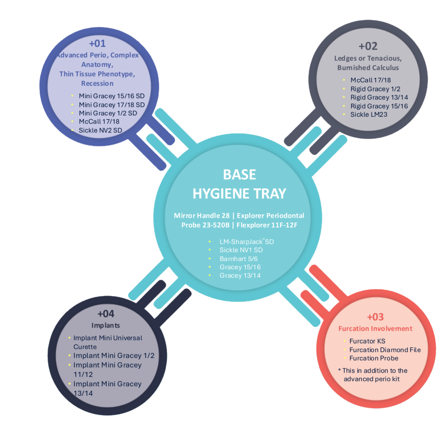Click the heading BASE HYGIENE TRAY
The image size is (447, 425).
click(x=239, y=184)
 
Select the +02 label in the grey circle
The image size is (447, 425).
click(x=368, y=46)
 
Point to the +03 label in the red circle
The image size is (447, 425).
click(x=375, y=317)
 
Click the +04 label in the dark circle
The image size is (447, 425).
click(x=106, y=314)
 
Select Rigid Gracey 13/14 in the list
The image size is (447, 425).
click(x=379, y=97)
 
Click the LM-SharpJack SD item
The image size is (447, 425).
click(x=247, y=241)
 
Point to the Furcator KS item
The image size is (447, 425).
click(x=367, y=341)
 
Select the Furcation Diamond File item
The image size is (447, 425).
click(x=385, y=349)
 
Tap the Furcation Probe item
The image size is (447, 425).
click(x=374, y=358)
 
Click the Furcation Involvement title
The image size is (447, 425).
click(x=375, y=328)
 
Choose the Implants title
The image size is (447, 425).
click(x=106, y=325)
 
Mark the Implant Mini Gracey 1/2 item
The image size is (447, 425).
click(x=113, y=356)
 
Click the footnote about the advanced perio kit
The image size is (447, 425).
click(x=372, y=374)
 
